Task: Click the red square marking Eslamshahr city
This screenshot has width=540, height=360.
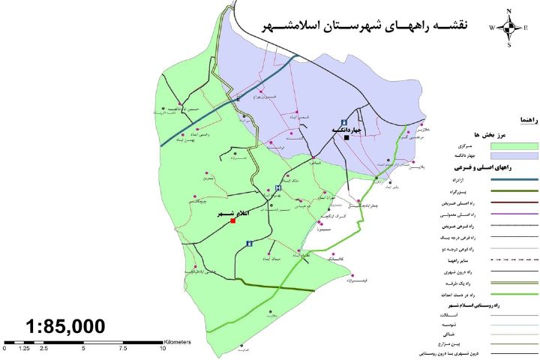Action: click(233, 220)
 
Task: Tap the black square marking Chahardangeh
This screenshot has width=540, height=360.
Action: click(346, 137)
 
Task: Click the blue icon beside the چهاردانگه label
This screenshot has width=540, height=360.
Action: click(344, 121)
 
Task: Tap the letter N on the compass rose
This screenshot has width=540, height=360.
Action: click(510, 10)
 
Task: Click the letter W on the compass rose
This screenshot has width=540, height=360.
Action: click(493, 28)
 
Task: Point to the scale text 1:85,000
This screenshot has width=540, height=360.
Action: click(65, 326)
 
